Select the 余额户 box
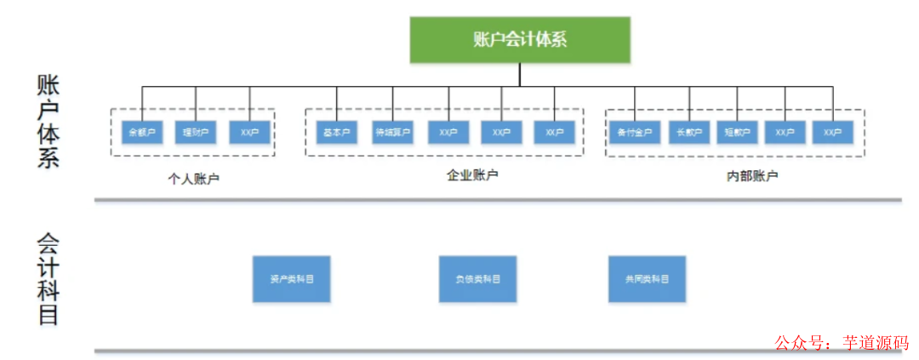tap(142, 133)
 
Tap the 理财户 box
tap(197, 133)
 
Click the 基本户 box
tap(337, 133)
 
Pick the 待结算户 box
tap(392, 133)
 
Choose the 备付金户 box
tap(635, 133)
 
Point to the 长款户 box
tap(689, 133)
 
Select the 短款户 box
tap(737, 133)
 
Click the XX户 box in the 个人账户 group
tap(250, 133)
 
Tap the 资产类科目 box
tap(291, 279)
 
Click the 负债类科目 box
tap(477, 279)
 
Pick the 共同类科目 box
tap(647, 279)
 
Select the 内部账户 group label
tap(752, 177)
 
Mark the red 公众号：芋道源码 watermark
tap(841, 342)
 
